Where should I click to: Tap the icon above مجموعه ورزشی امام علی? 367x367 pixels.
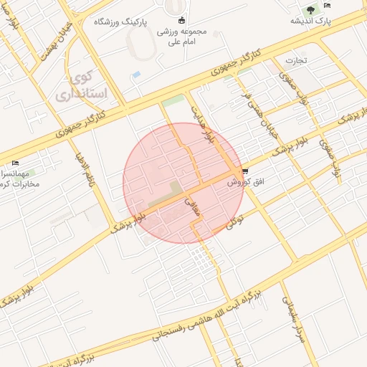click(x=181, y=20)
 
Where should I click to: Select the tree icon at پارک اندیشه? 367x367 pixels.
click(x=310, y=10)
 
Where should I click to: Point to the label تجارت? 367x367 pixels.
click(x=295, y=59)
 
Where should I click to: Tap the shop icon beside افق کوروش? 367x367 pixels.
click(x=246, y=171)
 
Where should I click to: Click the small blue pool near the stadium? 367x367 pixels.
click(x=136, y=75)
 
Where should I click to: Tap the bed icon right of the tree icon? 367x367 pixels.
click(x=328, y=6)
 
